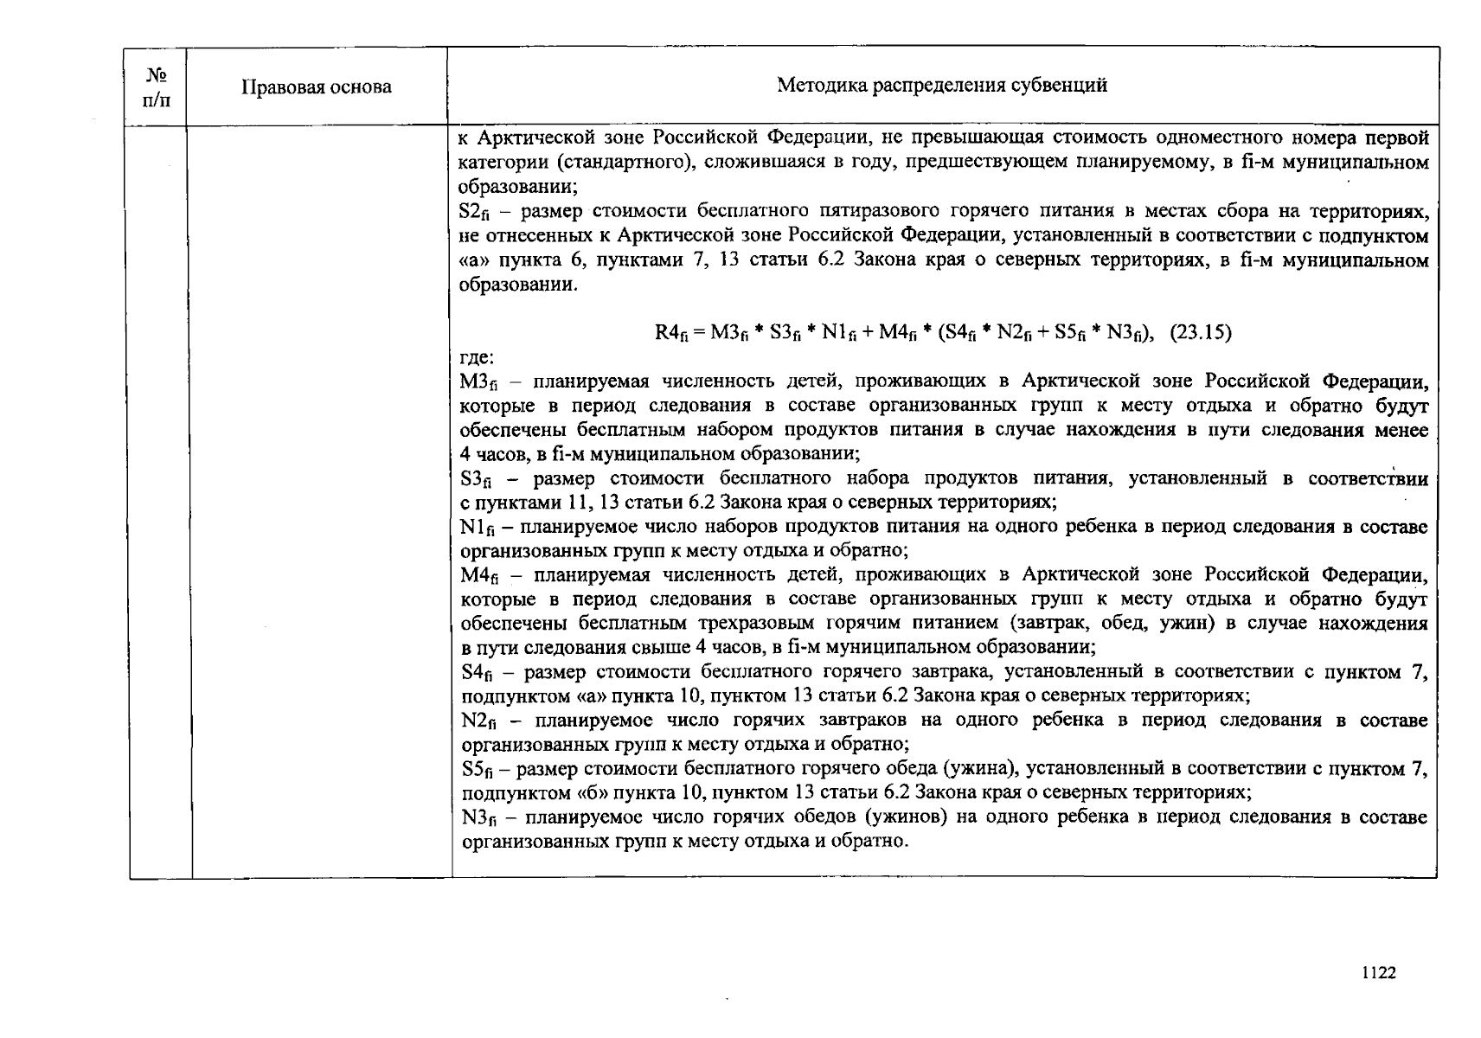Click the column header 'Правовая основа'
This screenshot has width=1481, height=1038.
coord(316,87)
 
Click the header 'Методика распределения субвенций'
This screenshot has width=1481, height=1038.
coord(941,85)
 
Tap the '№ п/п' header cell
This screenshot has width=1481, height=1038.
coord(157,87)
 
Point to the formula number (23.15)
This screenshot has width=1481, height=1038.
coord(1201,332)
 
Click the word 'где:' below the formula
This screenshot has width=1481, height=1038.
coord(476,357)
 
